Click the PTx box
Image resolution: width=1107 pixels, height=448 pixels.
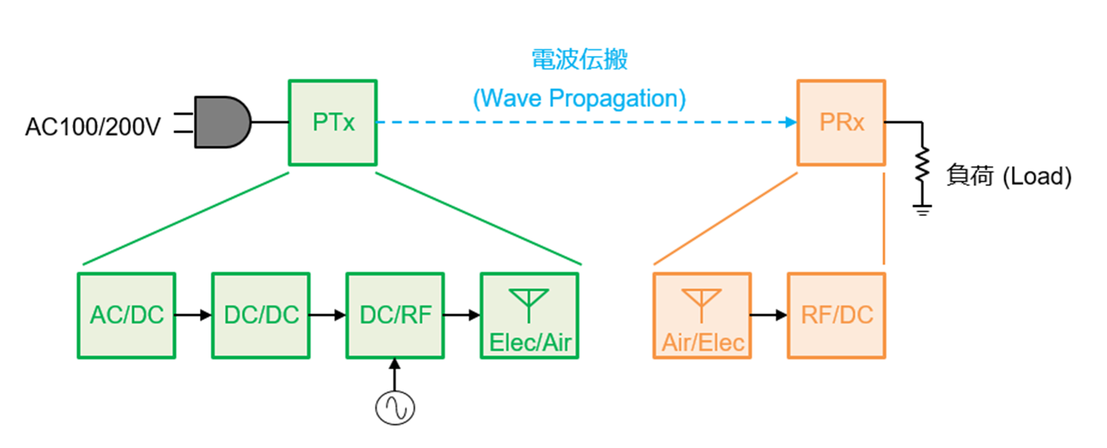(x=332, y=123)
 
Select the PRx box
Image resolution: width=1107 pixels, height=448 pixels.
(x=841, y=123)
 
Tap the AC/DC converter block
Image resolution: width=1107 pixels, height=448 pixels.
(x=126, y=316)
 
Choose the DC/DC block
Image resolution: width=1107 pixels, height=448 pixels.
(x=261, y=316)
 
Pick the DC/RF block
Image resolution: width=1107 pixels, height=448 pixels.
(x=395, y=316)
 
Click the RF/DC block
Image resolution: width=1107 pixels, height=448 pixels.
(x=836, y=316)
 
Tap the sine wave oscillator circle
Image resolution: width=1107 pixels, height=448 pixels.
(x=395, y=408)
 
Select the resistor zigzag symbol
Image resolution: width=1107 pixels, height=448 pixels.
(x=922, y=165)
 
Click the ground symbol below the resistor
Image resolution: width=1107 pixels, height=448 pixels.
(x=922, y=210)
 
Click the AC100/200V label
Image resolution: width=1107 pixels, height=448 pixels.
(x=93, y=126)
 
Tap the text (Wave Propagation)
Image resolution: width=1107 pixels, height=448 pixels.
(x=580, y=98)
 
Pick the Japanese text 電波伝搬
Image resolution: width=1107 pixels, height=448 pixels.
(x=580, y=59)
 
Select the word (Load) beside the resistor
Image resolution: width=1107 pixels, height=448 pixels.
(x=1037, y=177)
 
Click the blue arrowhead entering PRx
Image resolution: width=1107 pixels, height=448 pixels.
(x=791, y=122)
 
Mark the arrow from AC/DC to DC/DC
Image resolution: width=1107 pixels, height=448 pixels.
(x=193, y=315)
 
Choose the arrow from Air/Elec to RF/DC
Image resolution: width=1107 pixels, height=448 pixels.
(x=769, y=315)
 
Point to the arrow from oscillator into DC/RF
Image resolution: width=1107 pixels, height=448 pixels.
(x=394, y=374)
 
